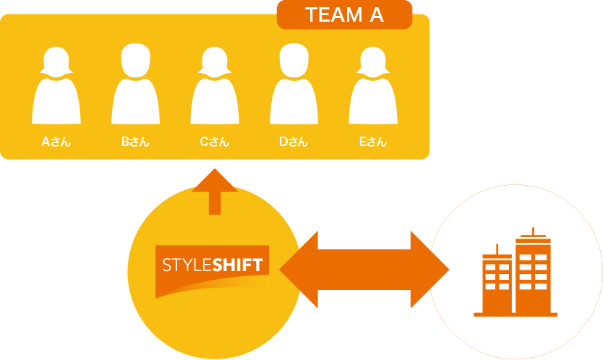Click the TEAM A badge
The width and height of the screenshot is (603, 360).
tap(345, 14)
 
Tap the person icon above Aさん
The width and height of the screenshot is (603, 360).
tap(56, 85)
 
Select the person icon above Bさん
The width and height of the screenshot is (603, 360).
tap(135, 83)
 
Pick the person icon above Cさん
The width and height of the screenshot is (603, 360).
tap(215, 85)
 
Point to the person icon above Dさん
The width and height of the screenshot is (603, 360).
tap(294, 83)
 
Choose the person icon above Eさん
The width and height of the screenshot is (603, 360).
tap(373, 85)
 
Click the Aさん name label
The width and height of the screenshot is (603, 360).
tap(56, 142)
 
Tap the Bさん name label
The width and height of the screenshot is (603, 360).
tap(135, 142)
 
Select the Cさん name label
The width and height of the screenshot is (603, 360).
tap(215, 142)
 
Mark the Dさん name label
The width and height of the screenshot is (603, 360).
tap(294, 142)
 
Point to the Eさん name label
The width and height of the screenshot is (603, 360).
tap(373, 142)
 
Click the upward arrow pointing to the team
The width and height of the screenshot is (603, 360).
tap(215, 192)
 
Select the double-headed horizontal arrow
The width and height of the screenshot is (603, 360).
tap(364, 270)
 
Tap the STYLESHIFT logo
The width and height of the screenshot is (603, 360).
tap(212, 272)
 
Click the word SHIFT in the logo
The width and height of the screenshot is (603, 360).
tap(238, 265)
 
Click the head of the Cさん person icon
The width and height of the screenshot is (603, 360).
tap(215, 62)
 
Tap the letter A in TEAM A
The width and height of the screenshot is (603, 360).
tap(377, 15)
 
